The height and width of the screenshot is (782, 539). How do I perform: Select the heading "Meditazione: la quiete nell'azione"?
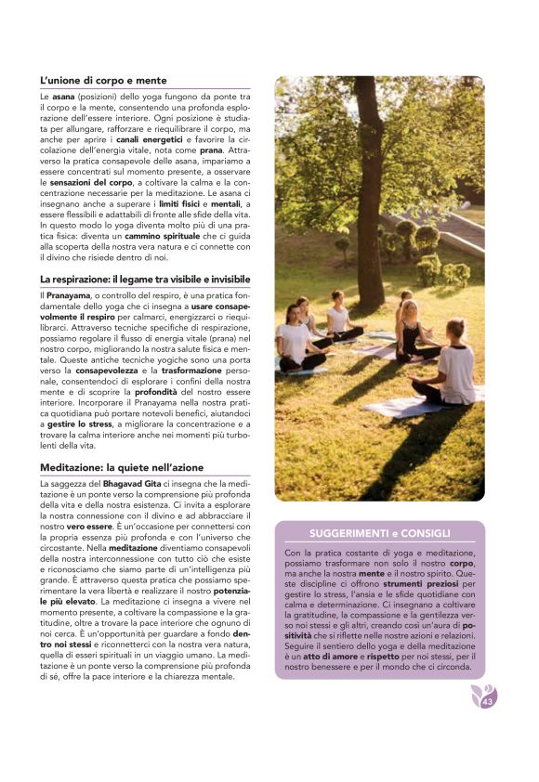click(x=122, y=466)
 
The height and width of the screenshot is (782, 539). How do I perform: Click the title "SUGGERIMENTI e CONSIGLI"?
click(x=379, y=533)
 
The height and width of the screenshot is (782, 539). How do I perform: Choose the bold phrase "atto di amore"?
click(x=322, y=657)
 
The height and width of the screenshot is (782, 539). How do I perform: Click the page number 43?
click(x=487, y=702)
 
